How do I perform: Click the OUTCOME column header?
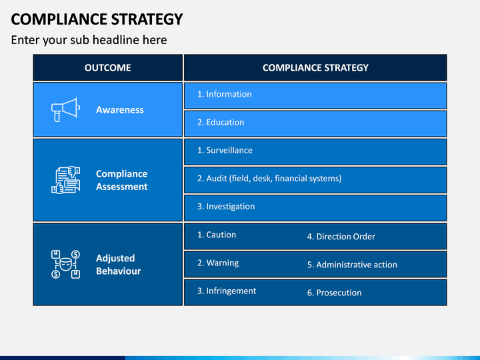[x=108, y=67]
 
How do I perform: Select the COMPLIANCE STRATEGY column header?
[x=315, y=67]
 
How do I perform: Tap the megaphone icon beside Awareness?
[x=65, y=109]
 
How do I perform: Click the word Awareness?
[x=120, y=110]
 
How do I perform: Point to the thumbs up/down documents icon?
[x=65, y=180]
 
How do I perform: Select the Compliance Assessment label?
[x=121, y=180]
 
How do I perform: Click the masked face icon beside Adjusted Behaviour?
[x=65, y=264]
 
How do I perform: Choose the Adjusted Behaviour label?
[x=118, y=265]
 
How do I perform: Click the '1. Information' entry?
[x=225, y=94]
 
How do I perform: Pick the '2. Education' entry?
[x=221, y=122]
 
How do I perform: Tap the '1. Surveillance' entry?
[x=225, y=150]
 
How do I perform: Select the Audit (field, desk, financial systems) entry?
[x=269, y=178]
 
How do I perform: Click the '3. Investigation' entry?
[x=226, y=206]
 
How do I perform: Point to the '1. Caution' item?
[x=217, y=235]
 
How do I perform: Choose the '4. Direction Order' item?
[x=341, y=236]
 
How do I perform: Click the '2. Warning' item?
[x=218, y=263]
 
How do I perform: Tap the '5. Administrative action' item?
[x=352, y=265]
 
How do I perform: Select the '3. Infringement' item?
[x=227, y=291]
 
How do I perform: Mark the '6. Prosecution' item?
[x=334, y=293]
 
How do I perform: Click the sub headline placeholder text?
[x=89, y=40]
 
